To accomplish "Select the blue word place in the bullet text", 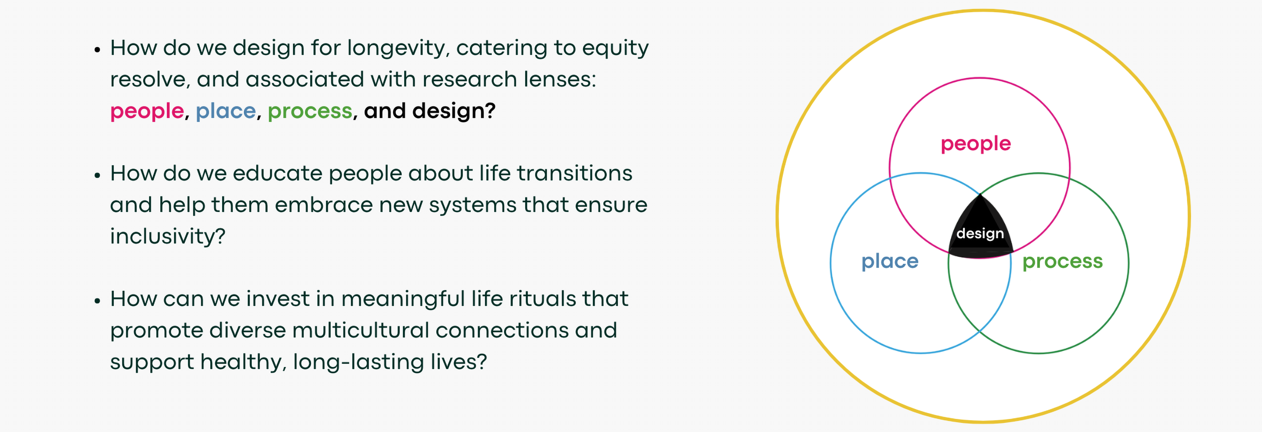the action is point(226,111).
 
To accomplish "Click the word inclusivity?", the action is point(168,236).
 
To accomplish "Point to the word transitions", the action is point(575,173).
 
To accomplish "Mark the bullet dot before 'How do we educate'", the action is point(97,175).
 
